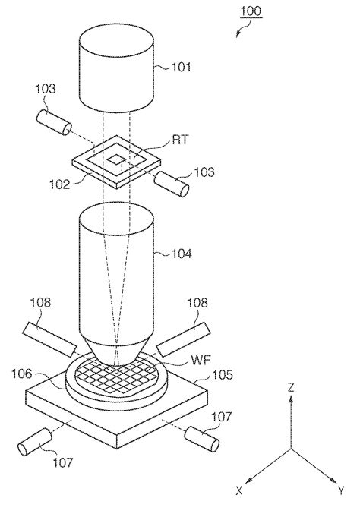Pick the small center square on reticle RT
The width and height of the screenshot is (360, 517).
pos(117,159)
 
